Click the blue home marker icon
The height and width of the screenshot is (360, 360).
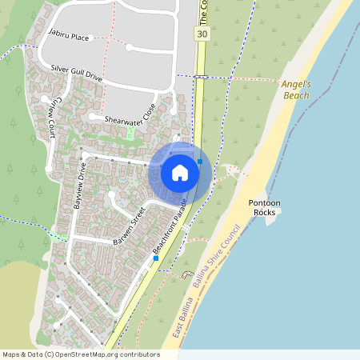click(179, 172)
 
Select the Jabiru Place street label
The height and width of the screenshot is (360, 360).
click(68, 36)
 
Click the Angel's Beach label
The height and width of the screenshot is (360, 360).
click(295, 89)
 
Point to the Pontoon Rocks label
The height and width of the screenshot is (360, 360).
click(264, 207)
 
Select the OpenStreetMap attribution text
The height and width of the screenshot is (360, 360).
click(80, 354)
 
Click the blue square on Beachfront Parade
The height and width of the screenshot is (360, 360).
click(156, 258)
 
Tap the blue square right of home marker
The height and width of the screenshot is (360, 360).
click(200, 161)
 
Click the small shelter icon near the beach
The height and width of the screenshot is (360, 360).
click(187, 274)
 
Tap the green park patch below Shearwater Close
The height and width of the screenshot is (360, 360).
click(130, 134)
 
